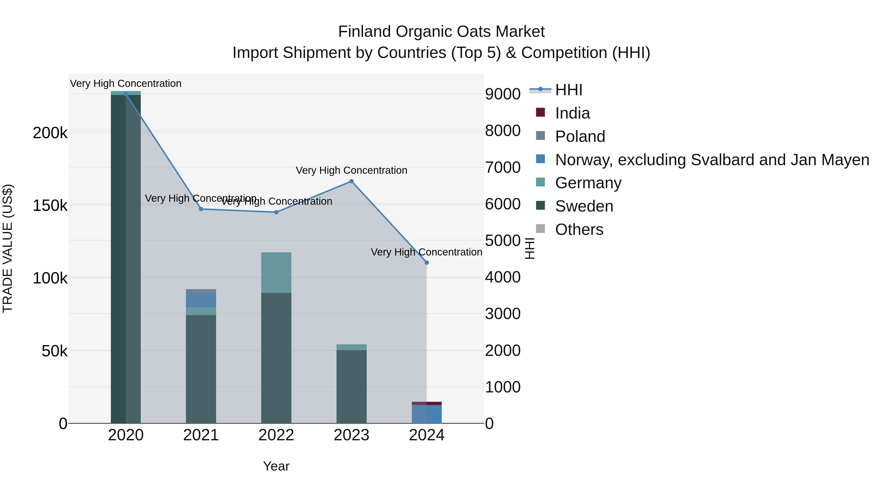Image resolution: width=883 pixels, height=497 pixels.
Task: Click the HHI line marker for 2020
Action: pyautogui.click(x=126, y=94)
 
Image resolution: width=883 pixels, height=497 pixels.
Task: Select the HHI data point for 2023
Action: pyautogui.click(x=351, y=181)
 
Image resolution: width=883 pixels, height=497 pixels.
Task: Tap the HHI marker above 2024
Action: pyautogui.click(x=427, y=263)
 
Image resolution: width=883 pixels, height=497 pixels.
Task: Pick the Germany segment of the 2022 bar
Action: pyautogui.click(x=276, y=272)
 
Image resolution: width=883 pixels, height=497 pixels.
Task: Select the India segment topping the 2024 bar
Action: pyautogui.click(x=427, y=403)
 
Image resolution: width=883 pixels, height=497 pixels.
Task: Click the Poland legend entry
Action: pyautogui.click(x=580, y=136)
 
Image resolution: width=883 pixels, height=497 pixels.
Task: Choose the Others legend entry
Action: pyautogui.click(x=579, y=229)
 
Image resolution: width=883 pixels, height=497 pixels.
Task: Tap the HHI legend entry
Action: pyautogui.click(x=568, y=90)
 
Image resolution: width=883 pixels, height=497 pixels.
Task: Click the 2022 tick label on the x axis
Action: pyautogui.click(x=276, y=435)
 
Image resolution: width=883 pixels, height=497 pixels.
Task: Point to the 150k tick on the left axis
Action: pyautogui.click(x=50, y=206)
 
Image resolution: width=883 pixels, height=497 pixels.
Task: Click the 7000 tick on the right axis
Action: pyautogui.click(x=503, y=168)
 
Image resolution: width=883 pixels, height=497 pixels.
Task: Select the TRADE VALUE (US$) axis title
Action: pyautogui.click(x=8, y=248)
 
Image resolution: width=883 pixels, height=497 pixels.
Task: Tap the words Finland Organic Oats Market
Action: pyautogui.click(x=441, y=32)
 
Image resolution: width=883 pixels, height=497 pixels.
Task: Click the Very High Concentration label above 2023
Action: pyautogui.click(x=351, y=171)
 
